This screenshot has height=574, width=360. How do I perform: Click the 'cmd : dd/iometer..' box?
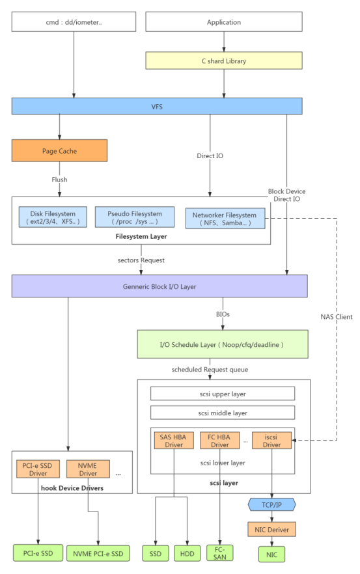pyautogui.click(x=74, y=22)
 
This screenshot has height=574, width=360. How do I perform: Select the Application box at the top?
pyautogui.click(x=223, y=22)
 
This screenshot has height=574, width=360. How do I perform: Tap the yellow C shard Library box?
pyautogui.click(x=223, y=61)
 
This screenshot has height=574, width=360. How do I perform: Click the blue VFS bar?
pyautogui.click(x=157, y=106)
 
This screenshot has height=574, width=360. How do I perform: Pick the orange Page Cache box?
pyautogui.click(x=59, y=151)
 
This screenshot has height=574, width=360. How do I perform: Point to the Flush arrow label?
pyautogui.click(x=60, y=179)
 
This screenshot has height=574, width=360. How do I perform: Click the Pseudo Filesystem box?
pyautogui.click(x=135, y=217)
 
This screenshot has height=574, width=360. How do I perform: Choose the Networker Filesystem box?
pyautogui.click(x=225, y=219)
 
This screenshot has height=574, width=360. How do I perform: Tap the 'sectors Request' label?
pyautogui.click(x=141, y=260)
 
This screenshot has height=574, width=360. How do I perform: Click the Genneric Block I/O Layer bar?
pyautogui.click(x=159, y=286)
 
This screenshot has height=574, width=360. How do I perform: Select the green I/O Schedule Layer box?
pyautogui.click(x=223, y=344)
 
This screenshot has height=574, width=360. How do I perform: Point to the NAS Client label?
pyautogui.click(x=337, y=317)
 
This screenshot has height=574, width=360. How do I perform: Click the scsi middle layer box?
pyautogui.click(x=223, y=413)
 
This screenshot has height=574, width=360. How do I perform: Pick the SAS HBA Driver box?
pyautogui.click(x=173, y=441)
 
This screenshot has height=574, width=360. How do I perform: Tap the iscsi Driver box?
pyautogui.click(x=271, y=441)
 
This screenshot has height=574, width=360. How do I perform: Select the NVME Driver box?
pyautogui.click(x=88, y=469)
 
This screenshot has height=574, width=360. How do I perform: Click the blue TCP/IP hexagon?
pyautogui.click(x=271, y=504)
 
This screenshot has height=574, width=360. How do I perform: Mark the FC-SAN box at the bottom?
pyautogui.click(x=220, y=553)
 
